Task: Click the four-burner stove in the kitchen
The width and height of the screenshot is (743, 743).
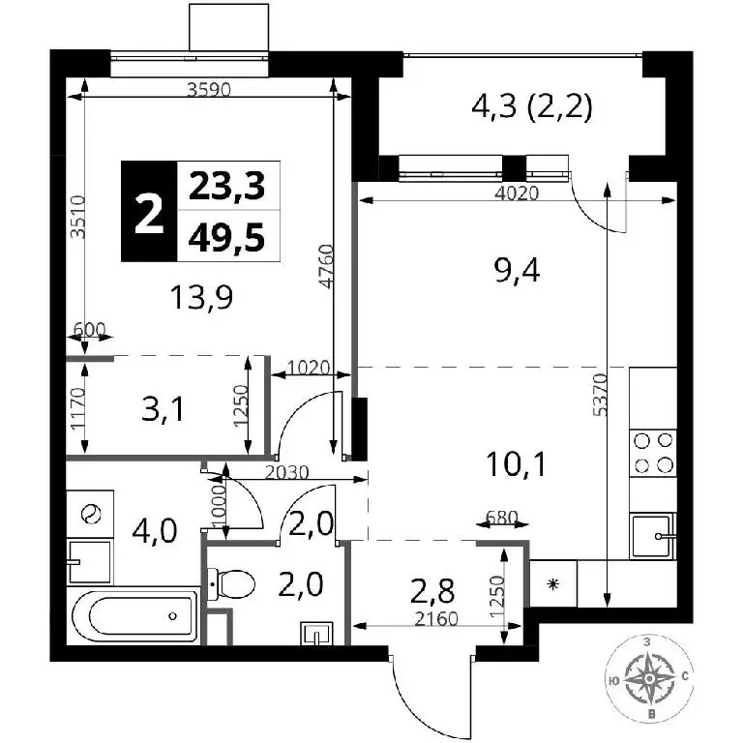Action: coord(653,453)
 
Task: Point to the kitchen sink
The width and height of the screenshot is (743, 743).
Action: coord(652,536)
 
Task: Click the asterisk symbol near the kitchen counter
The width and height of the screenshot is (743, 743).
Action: coord(552,584)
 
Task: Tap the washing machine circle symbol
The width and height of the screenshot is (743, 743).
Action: coord(90,514)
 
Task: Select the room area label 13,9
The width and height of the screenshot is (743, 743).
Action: coord(202,299)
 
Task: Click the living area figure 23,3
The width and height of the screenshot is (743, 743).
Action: coord(226,186)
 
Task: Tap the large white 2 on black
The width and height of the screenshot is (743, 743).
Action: coord(149,216)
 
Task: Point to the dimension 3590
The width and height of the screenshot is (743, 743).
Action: coord(209,89)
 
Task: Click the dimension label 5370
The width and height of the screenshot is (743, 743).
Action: coord(601,395)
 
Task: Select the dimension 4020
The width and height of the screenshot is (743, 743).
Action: coord(517,193)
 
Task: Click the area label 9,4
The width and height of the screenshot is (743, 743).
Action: coord(517,273)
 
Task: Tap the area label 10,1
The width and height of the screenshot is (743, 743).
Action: coord(516,464)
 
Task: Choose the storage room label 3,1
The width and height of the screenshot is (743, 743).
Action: coord(163,409)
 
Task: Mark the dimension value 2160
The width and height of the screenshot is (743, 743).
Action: coord(436,619)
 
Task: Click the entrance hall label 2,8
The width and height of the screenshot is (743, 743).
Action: coord(432,591)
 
